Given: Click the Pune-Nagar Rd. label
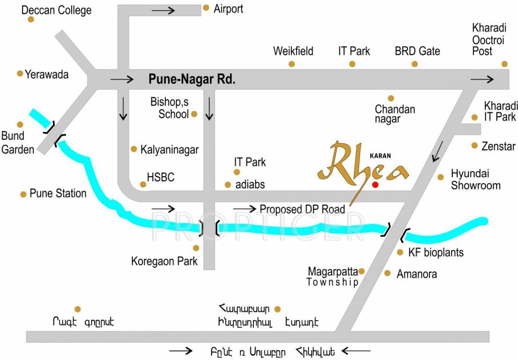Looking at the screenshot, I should pyautogui.click(x=192, y=79).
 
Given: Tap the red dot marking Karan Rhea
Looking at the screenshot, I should pyautogui.click(x=375, y=185).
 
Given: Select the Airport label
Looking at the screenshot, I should pyautogui.click(x=229, y=9).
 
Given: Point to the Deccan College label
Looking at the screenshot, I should pyautogui.click(x=57, y=10).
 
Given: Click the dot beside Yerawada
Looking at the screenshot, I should pyautogui.click(x=20, y=74).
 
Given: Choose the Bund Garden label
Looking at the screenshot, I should pyautogui.click(x=18, y=143).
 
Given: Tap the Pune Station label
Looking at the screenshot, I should pyautogui.click(x=58, y=194).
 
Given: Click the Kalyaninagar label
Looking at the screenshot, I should pyautogui.click(x=170, y=150).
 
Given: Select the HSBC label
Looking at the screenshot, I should pyautogui.click(x=161, y=177).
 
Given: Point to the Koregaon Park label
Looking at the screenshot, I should pyautogui.click(x=164, y=261).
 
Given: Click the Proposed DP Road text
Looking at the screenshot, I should pyautogui.click(x=302, y=209).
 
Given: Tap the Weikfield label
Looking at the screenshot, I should pyautogui.click(x=293, y=51).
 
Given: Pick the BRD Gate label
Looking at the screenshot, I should pyautogui.click(x=417, y=51).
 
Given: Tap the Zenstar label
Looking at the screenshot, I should pyautogui.click(x=498, y=147).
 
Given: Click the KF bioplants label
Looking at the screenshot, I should pyautogui.click(x=436, y=253).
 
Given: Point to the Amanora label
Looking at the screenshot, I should pyautogui.click(x=417, y=274).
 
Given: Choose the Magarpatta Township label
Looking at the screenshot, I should pyautogui.click(x=333, y=277).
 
